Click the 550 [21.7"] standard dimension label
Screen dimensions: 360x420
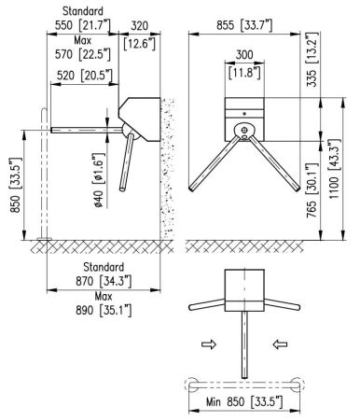82,25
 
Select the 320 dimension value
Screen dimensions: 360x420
139,25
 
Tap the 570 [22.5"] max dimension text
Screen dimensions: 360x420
83,54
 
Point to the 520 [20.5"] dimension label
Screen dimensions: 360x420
84,76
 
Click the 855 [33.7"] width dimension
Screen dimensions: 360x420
244,25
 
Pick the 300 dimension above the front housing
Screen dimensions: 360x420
244,55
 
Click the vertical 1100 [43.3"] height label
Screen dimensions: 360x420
335,169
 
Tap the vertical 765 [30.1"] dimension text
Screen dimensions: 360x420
312,190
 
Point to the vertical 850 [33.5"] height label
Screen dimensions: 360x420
16,185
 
